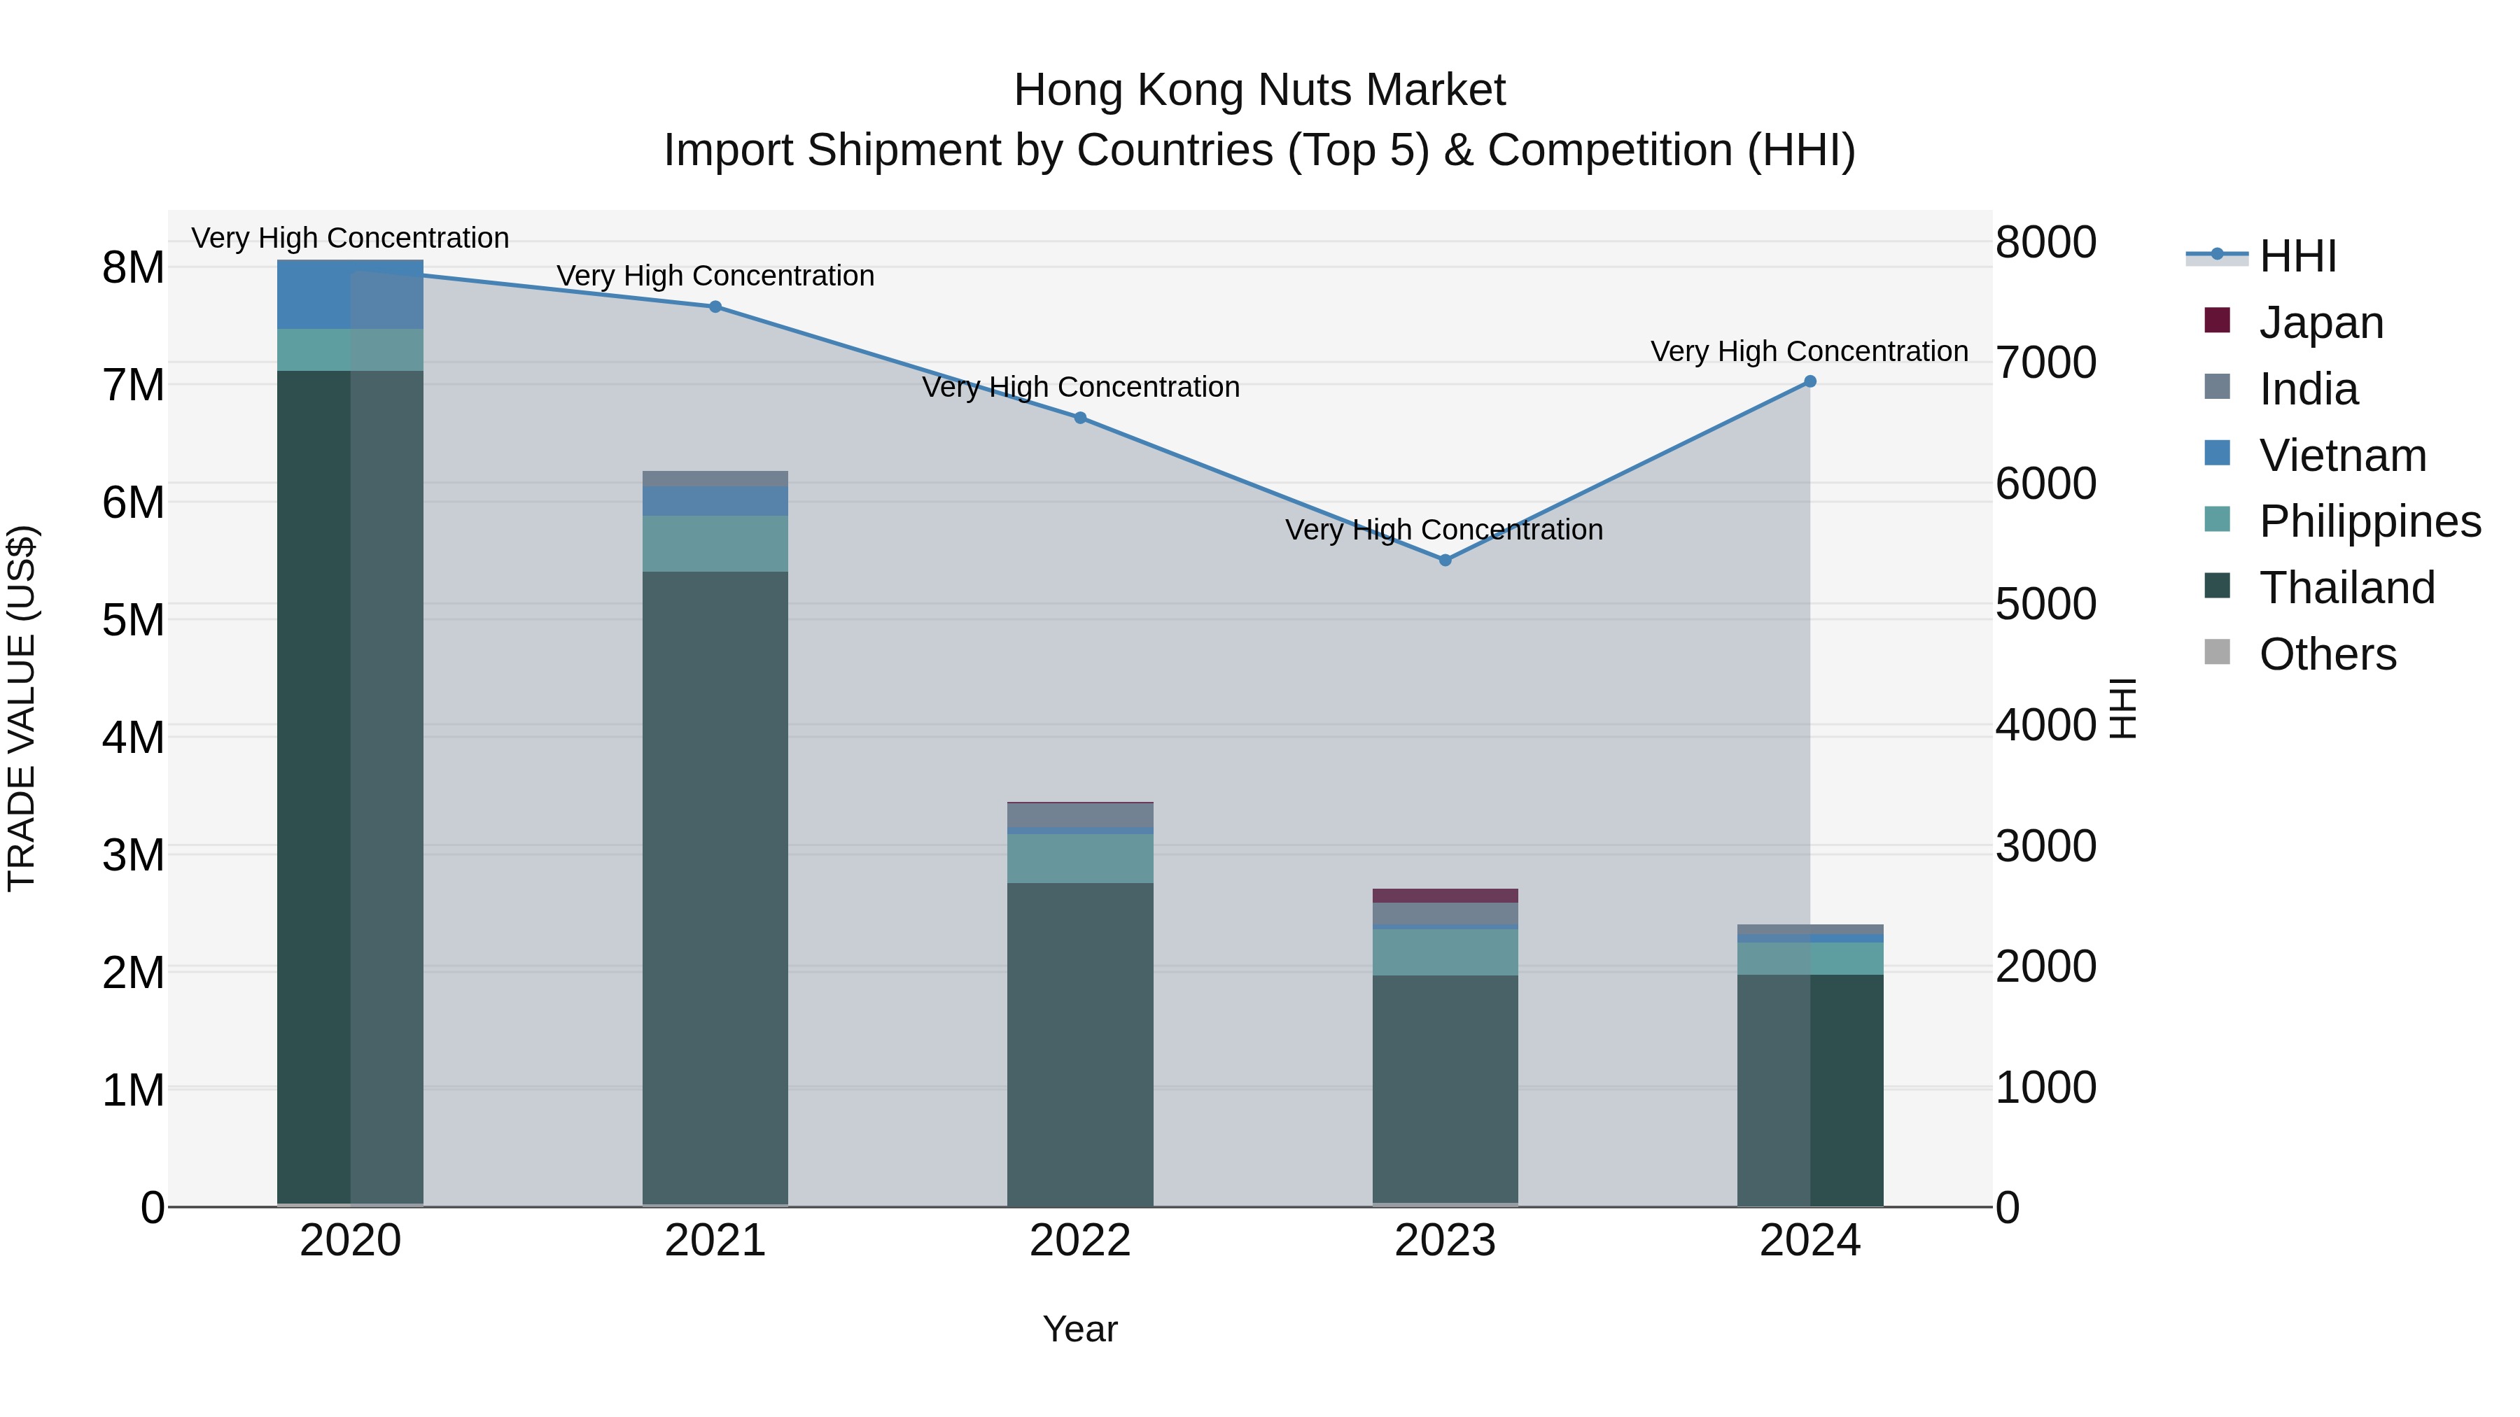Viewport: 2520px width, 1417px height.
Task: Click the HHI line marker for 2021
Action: (715, 307)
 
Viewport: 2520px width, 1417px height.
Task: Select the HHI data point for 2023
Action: (1445, 561)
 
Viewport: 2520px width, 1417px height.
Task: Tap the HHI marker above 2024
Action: (1809, 381)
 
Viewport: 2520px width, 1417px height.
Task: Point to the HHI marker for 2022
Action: (1080, 418)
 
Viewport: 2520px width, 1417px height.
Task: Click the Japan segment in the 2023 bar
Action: (1445, 896)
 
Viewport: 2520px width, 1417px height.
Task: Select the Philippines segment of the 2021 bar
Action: (715, 544)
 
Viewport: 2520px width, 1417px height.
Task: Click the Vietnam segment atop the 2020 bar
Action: (350, 295)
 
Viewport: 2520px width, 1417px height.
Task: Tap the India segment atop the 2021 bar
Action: (715, 478)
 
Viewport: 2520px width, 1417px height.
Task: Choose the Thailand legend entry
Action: (2346, 588)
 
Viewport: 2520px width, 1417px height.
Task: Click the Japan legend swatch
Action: (2217, 320)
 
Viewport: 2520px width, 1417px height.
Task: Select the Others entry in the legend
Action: (2326, 654)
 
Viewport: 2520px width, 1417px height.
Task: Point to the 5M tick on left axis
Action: (133, 620)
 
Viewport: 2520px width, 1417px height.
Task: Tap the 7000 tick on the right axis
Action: (2045, 362)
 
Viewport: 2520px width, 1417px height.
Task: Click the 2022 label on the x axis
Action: (1080, 1241)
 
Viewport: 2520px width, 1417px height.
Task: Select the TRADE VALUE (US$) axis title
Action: (22, 708)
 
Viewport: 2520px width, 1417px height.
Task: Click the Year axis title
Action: (1080, 1329)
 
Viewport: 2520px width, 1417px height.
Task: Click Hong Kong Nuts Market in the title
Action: (1259, 90)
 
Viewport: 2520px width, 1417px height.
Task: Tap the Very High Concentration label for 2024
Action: (1809, 351)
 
